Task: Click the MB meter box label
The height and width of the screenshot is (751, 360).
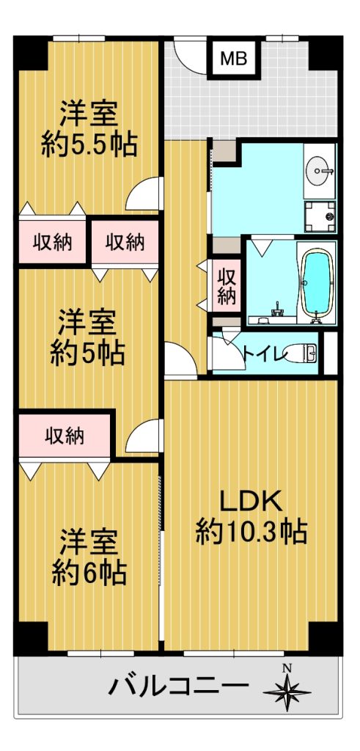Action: click(234, 59)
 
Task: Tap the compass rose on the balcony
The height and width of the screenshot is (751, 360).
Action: click(287, 690)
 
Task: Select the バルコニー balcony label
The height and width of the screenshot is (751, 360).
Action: click(179, 687)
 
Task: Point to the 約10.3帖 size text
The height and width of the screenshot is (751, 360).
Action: click(251, 531)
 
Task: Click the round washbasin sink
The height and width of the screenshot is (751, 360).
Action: click(320, 170)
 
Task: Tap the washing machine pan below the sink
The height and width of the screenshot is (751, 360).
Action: click(320, 216)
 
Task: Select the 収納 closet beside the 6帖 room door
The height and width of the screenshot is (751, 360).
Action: click(65, 436)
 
